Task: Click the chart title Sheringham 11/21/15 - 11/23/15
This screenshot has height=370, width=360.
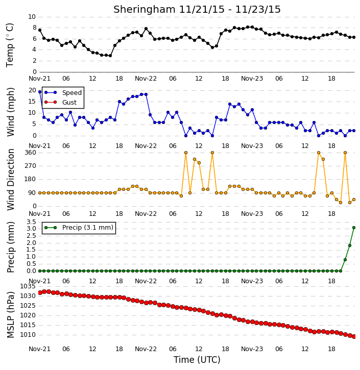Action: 197,9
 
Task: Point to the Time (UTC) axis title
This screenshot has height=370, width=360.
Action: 197,360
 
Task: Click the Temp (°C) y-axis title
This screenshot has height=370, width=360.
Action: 10,45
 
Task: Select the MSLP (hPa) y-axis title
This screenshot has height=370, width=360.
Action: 10,315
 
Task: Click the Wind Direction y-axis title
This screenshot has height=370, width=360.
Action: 10,180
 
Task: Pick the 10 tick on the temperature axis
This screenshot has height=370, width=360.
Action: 32,17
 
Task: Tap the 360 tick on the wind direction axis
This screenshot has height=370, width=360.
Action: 31,153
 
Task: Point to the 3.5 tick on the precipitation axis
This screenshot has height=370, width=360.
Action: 31,222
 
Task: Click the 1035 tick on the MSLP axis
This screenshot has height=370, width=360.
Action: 28,286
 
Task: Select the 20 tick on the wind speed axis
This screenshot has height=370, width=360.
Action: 32,90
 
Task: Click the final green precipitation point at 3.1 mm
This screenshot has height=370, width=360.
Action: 354,228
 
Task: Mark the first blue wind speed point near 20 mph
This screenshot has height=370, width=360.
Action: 40,92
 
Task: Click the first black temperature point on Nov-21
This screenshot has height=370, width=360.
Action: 40,30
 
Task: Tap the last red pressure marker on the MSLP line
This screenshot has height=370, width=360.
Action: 354,336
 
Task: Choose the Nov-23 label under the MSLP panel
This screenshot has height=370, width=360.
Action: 252,349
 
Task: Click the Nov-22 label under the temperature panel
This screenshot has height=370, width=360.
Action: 146,79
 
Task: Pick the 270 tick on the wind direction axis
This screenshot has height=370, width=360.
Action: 31,166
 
